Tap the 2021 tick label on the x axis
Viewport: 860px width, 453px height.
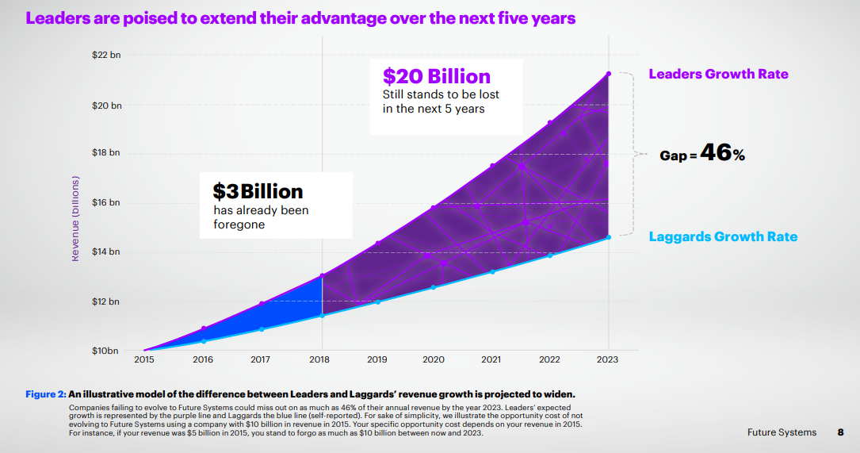pyautogui.click(x=491, y=359)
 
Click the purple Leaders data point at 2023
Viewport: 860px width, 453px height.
pyautogui.click(x=608, y=74)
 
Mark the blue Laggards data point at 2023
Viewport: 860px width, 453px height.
pyautogui.click(x=608, y=237)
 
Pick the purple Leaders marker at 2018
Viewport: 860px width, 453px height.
pyautogui.click(x=322, y=275)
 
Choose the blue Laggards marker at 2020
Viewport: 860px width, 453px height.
pyautogui.click(x=433, y=287)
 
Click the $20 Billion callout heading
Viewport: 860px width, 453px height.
pyautogui.click(x=436, y=76)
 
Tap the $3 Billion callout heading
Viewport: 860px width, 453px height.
pyautogui.click(x=258, y=192)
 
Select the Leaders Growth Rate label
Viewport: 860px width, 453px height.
pyautogui.click(x=718, y=74)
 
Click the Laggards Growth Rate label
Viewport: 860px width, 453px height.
pyautogui.click(x=723, y=236)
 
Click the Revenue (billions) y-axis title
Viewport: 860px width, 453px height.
pyautogui.click(x=76, y=218)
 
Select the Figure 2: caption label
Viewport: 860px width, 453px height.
pyautogui.click(x=45, y=394)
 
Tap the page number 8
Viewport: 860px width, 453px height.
pyautogui.click(x=840, y=432)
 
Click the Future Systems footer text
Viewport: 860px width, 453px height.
pyautogui.click(x=781, y=432)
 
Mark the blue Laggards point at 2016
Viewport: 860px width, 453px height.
pyautogui.click(x=204, y=341)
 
